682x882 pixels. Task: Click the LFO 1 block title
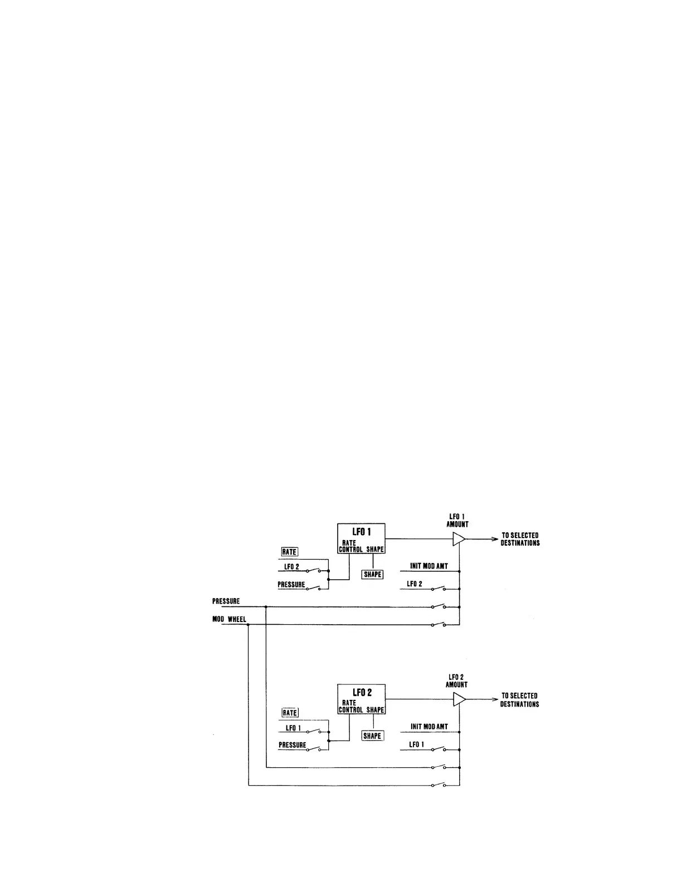tap(361, 532)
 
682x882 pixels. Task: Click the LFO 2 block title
tap(361, 693)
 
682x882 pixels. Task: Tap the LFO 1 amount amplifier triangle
tap(458, 539)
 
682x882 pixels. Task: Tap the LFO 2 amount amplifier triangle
tap(459, 699)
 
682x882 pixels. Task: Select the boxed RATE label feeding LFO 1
tap(289, 552)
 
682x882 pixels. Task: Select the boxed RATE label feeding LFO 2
tap(290, 713)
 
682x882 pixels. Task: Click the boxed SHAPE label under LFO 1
tap(372, 575)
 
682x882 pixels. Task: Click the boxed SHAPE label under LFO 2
tap(372, 736)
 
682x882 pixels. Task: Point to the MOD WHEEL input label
tap(229, 619)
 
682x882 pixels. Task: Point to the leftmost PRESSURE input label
tap(226, 601)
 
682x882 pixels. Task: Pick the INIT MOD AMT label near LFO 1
tap(428, 566)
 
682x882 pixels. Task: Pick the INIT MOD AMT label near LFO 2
tap(429, 727)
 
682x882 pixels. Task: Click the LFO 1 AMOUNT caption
tap(457, 521)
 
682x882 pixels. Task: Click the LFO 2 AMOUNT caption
tap(456, 681)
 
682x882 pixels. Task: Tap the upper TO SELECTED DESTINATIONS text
tap(520, 539)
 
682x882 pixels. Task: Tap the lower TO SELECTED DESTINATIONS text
tap(519, 700)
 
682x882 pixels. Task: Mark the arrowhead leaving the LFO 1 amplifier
tap(494, 539)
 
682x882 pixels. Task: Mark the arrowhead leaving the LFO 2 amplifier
tap(494, 699)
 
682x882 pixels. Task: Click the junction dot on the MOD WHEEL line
tap(248, 625)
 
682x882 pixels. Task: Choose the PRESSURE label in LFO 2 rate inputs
tap(292, 745)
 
